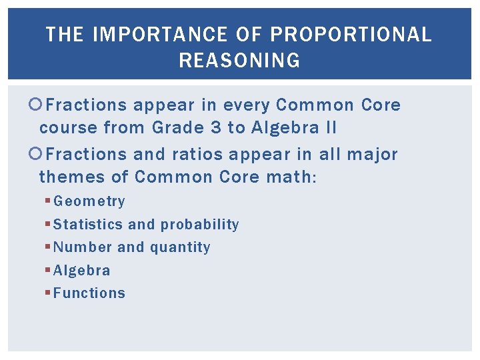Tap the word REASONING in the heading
pos(239,61)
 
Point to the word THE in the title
pos(65,35)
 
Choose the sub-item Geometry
pos(89,201)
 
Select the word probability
pos(200,225)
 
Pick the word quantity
pos(180,247)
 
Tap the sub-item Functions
pos(89,293)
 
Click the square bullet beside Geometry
pos(48,201)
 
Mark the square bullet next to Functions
pos(48,293)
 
